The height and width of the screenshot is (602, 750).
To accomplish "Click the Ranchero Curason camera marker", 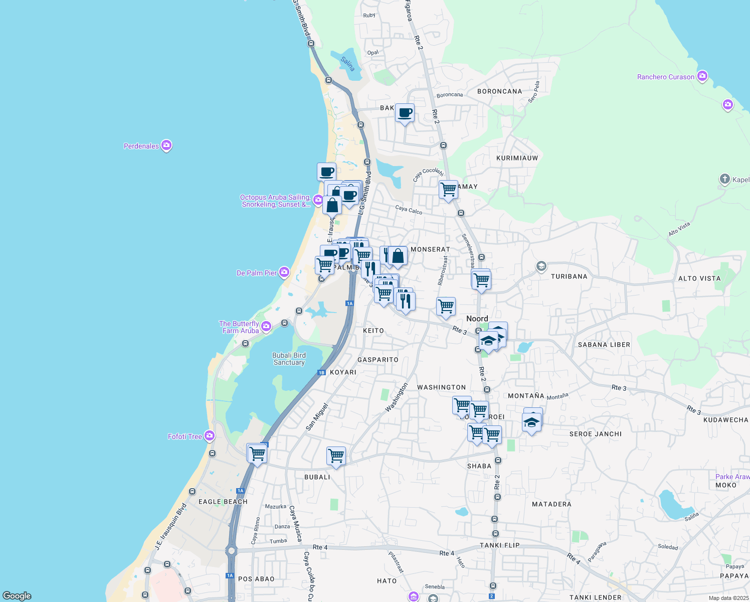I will click(x=702, y=76).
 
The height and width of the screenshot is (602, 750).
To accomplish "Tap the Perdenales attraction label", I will click(x=141, y=146).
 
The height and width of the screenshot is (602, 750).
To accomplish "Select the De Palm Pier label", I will click(x=257, y=273).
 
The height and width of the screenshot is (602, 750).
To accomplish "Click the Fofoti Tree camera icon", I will click(x=210, y=436).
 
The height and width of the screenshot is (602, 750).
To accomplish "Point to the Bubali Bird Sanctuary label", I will click(x=289, y=359).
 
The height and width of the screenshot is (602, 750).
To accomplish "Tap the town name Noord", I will click(x=477, y=319).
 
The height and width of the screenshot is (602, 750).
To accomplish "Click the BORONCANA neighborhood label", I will click(x=499, y=91).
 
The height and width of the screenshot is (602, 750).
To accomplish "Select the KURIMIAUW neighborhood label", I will click(x=517, y=158).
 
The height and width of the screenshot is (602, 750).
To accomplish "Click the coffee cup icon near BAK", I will click(x=405, y=113).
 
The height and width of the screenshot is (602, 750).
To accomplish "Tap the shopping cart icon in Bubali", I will click(x=335, y=456).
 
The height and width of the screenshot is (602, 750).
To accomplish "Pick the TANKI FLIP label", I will click(x=499, y=545).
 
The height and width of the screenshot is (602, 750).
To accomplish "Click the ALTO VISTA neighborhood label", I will click(x=699, y=278).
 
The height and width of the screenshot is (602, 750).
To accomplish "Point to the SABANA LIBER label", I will click(x=604, y=345).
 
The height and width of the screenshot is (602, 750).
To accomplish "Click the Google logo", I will click(x=17, y=596).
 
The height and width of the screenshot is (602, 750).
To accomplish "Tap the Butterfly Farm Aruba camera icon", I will click(x=266, y=327).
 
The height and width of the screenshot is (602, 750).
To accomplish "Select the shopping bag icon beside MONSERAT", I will click(x=398, y=256).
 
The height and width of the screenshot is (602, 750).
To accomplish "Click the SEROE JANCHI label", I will click(x=595, y=434).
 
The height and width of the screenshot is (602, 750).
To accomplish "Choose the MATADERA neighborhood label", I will click(x=551, y=504).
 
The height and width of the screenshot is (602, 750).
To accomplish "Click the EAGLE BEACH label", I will click(x=223, y=502).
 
